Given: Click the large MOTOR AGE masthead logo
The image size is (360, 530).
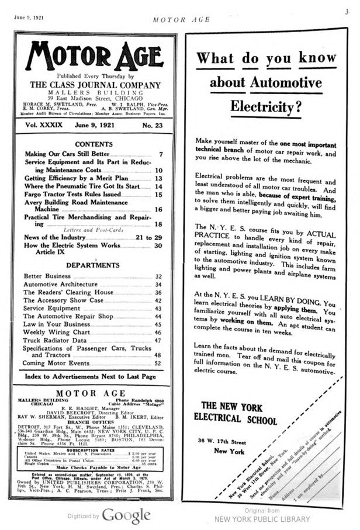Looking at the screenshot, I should [92, 55].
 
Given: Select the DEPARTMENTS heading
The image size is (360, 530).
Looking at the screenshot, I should [92, 265].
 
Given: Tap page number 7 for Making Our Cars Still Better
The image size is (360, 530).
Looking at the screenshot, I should [160, 154].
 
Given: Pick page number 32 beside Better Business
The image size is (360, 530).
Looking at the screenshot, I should [158, 276].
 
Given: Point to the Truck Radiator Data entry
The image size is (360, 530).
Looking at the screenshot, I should [55, 340].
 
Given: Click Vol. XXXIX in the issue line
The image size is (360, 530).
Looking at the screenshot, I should [41, 124].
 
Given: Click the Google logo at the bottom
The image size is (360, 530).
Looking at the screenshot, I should [126, 516].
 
